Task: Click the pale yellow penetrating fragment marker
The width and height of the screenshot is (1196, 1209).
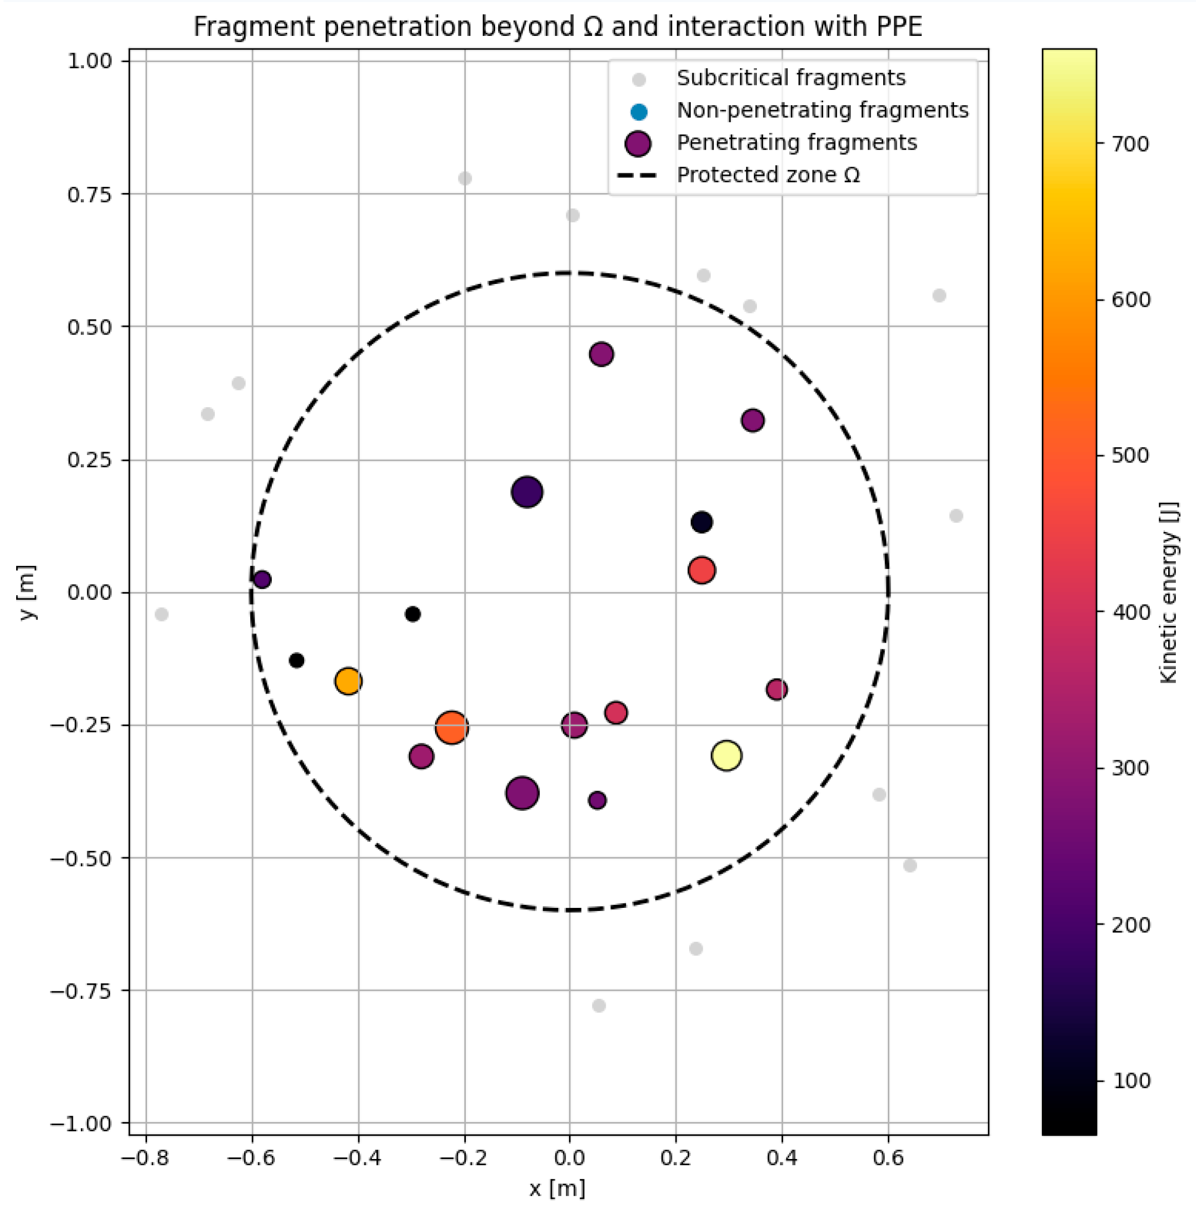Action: coord(726,755)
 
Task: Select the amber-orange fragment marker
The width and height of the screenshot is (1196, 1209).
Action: coord(348,681)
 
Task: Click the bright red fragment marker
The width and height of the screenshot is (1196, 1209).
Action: coord(701,570)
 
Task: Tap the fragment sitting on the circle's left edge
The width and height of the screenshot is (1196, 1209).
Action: coord(262,579)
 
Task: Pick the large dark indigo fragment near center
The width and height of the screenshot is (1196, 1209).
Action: coord(527,492)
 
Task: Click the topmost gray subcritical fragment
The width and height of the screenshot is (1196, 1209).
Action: coord(464,178)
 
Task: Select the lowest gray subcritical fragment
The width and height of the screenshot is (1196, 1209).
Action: coord(598,1005)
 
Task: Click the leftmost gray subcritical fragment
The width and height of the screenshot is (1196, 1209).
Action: coord(162,614)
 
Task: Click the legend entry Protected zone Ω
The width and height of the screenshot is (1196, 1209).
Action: coord(768,175)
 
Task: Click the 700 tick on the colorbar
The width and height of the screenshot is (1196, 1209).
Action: coord(1130,144)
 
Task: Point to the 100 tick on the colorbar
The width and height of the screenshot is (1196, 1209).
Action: coord(1130,1081)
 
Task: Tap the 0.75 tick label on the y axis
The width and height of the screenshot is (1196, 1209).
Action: coord(89,194)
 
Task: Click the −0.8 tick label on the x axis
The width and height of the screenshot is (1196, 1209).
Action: coord(145,1157)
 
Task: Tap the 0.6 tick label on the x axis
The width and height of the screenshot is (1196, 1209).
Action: coord(888,1157)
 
